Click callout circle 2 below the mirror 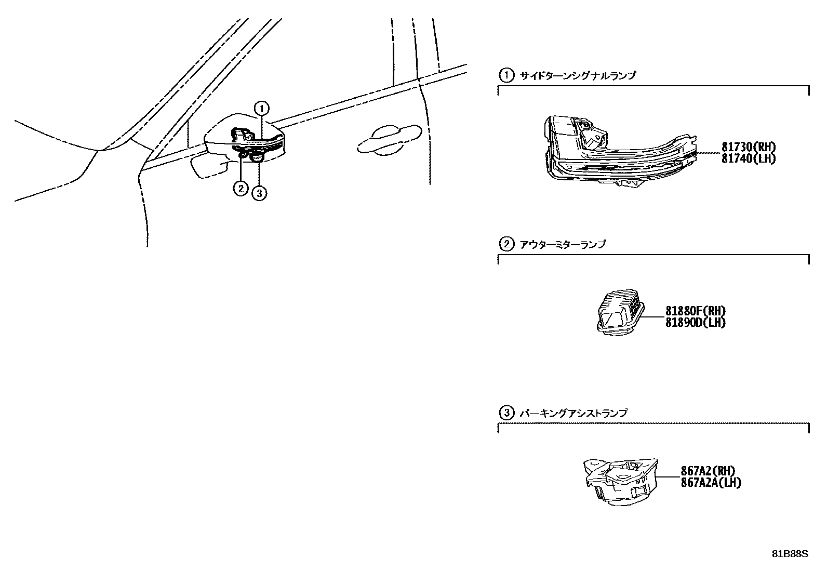(x=240, y=188)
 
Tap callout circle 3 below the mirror (x=259, y=193)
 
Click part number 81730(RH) (x=748, y=148)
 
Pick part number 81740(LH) (x=748, y=159)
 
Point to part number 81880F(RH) (x=696, y=311)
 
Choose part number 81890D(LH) (x=696, y=323)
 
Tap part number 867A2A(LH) (x=711, y=483)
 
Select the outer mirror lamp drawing (x=620, y=312)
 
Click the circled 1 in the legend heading (x=506, y=76)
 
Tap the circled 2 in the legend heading (x=506, y=244)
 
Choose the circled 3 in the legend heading (x=506, y=414)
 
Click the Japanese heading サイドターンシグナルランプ (x=578, y=76)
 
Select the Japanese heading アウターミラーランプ (x=563, y=244)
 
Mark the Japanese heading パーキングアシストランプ (x=573, y=414)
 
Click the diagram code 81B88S (x=790, y=554)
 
